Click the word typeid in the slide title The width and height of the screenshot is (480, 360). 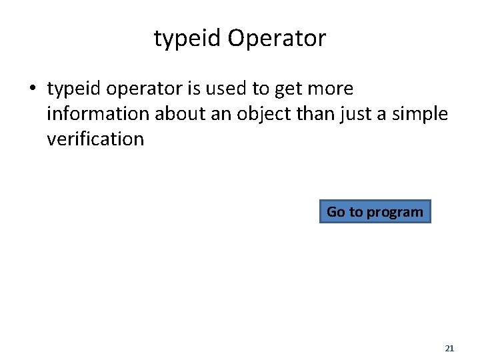tap(187, 39)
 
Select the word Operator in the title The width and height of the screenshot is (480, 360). tap(277, 39)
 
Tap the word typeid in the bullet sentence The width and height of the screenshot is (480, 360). tap(75, 89)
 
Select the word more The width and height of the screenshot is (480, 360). tap(332, 89)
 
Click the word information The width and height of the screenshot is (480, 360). tap(98, 114)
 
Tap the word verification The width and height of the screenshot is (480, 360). tap(95, 139)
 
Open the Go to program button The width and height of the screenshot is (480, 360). tap(375, 212)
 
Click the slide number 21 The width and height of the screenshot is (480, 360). tap(449, 349)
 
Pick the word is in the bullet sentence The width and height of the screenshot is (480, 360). tap(195, 89)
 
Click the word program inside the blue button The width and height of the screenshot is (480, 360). tap(395, 212)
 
